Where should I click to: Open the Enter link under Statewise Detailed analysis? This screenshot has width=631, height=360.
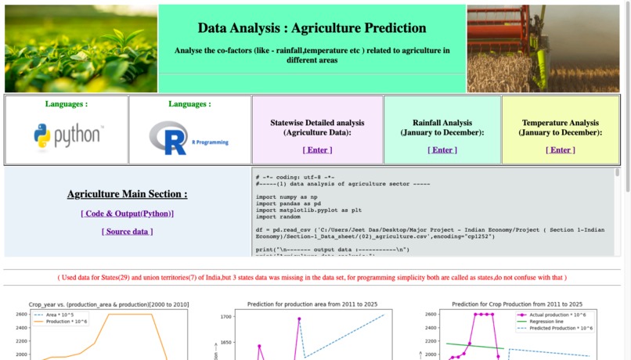[x=317, y=150]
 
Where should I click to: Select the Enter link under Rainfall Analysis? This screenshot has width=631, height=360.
[x=442, y=150]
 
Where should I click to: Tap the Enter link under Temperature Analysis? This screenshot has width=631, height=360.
[x=560, y=150]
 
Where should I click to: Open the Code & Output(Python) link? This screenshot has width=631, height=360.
[x=127, y=214]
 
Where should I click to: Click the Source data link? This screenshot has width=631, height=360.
[x=127, y=232]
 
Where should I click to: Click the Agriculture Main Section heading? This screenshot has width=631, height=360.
[x=127, y=194]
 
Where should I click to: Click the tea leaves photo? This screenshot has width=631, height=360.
[x=81, y=49]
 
